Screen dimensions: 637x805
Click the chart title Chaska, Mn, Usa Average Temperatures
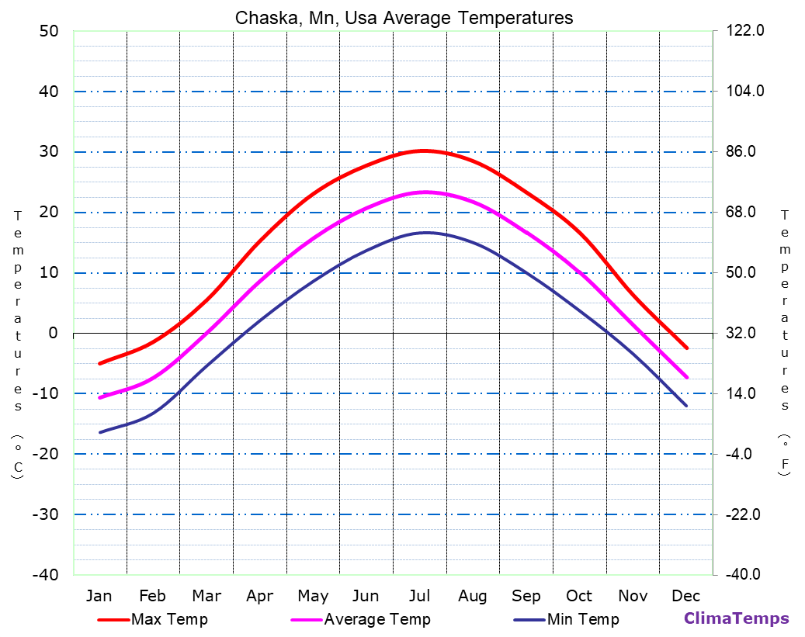click(404, 18)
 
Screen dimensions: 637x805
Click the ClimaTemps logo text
click(736, 618)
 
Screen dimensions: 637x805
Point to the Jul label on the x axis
click(419, 596)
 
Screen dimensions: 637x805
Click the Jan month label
click(99, 596)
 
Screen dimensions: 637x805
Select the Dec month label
click(686, 596)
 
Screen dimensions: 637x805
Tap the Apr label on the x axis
click(259, 596)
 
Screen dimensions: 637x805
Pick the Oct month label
click(579, 596)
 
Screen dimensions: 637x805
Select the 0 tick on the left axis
click(53, 333)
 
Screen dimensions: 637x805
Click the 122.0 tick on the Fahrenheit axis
click(745, 31)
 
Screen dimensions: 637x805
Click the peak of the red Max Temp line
click(423, 151)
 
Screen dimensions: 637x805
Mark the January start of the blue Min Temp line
click(100, 432)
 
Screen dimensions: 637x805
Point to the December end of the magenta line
click(686, 377)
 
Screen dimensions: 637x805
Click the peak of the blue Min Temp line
click(425, 233)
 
